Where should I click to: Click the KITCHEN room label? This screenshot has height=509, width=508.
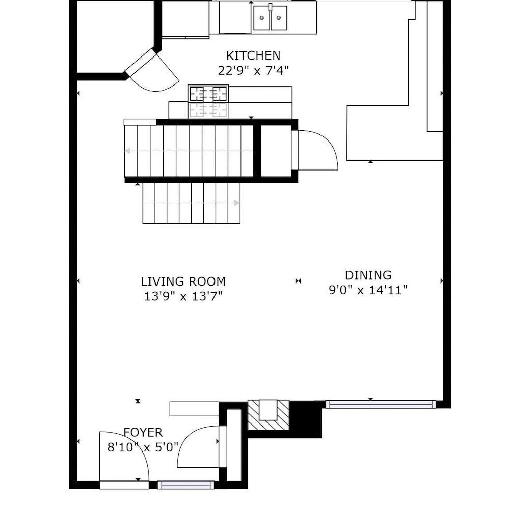pyautogui.click(x=253, y=56)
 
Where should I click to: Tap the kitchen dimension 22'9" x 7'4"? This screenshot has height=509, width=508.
pyautogui.click(x=253, y=70)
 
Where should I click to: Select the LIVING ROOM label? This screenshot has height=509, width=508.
pyautogui.click(x=183, y=281)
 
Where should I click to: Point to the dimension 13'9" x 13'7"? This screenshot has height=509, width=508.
pyautogui.click(x=183, y=296)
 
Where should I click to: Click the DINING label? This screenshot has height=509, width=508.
pyautogui.click(x=368, y=275)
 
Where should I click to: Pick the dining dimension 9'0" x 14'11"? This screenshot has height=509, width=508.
pyautogui.click(x=368, y=290)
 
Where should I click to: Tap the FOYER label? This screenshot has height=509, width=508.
pyautogui.click(x=143, y=432)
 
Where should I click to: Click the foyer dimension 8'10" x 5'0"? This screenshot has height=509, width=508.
pyautogui.click(x=143, y=447)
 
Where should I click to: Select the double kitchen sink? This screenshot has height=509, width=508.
pyautogui.click(x=270, y=17)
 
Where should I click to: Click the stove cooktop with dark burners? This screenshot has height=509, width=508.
pyautogui.click(x=208, y=94)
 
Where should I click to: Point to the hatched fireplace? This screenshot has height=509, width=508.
pyautogui.click(x=269, y=415)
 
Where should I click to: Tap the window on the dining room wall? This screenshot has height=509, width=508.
pyautogui.click(x=381, y=404)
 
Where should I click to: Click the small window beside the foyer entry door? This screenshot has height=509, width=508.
pyautogui.click(x=186, y=485)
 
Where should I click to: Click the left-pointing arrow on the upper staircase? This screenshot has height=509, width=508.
pyautogui.click(x=189, y=151)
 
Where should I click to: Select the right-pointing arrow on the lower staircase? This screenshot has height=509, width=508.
pyautogui.click(x=191, y=203)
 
